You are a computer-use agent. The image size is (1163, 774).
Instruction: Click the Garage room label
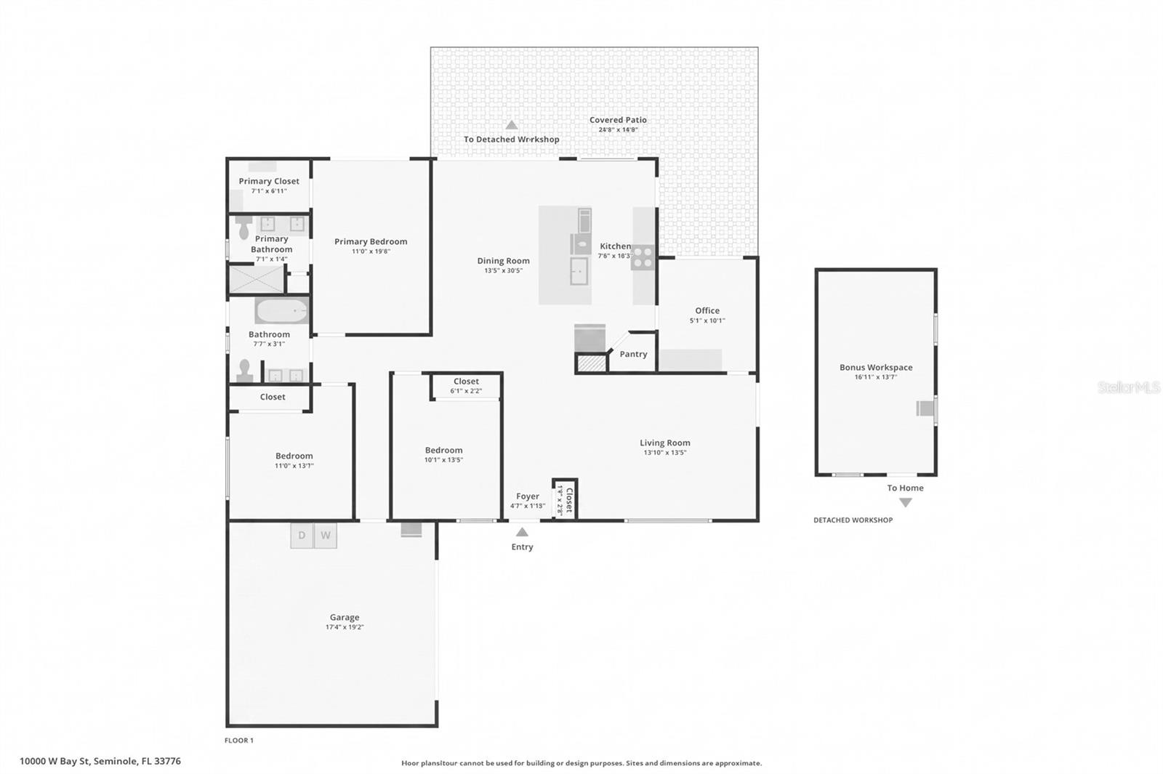(345, 617)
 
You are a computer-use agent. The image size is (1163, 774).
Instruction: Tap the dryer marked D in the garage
(302, 536)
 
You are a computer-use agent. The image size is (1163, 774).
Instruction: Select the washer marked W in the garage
(326, 536)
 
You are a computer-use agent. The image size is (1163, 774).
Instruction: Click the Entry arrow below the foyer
(522, 532)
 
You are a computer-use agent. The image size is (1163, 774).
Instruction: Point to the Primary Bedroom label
(371, 241)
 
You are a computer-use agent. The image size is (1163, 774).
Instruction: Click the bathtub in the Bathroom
(281, 310)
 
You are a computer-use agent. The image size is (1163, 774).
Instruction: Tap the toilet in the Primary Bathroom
(244, 230)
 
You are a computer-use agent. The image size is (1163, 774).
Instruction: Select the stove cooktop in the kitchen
(643, 257)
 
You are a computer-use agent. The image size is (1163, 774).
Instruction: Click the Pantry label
(633, 354)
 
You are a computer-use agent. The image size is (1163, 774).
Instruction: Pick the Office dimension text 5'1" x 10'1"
(707, 321)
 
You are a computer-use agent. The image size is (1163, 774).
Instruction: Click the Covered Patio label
(618, 120)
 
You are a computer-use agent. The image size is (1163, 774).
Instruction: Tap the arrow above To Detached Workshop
(512, 125)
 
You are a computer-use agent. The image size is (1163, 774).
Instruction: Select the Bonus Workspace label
(876, 367)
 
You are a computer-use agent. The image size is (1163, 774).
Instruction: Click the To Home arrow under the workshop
(905, 502)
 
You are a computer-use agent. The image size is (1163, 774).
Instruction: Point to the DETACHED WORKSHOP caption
(853, 520)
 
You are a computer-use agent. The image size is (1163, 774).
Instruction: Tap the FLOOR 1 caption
(239, 741)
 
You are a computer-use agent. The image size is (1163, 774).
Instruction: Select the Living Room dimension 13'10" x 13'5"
(664, 453)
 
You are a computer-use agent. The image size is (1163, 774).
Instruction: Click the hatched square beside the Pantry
(592, 363)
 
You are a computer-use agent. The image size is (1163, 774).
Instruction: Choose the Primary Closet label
(269, 181)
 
